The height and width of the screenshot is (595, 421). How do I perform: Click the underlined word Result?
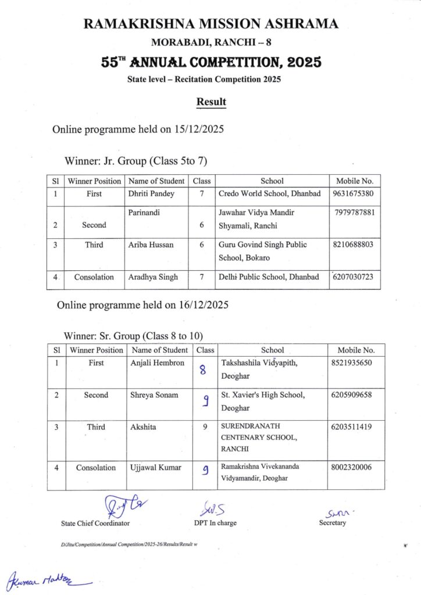click(x=211, y=102)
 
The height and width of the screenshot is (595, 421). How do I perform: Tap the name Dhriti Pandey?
click(x=151, y=194)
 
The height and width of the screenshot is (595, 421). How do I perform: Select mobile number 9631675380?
click(x=354, y=194)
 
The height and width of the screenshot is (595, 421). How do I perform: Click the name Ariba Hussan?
click(x=151, y=245)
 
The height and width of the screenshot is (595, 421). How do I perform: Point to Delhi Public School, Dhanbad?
click(x=269, y=277)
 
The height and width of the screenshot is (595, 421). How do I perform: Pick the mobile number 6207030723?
click(x=355, y=277)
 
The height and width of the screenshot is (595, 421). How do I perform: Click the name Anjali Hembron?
click(x=157, y=363)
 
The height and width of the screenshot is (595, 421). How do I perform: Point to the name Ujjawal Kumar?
click(x=156, y=467)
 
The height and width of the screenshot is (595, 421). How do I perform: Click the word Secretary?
click(x=333, y=522)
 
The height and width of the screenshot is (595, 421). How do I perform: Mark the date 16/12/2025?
click(x=203, y=305)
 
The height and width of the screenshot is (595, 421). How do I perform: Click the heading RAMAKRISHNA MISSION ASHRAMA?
click(x=211, y=24)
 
